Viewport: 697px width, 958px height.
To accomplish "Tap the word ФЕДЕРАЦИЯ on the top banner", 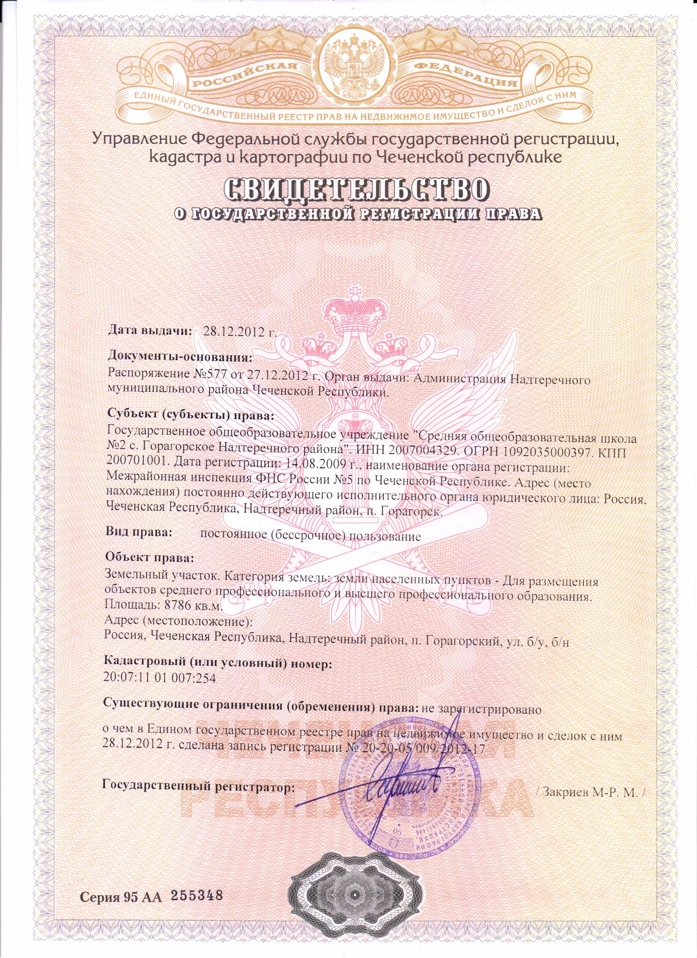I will click(x=462, y=75).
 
